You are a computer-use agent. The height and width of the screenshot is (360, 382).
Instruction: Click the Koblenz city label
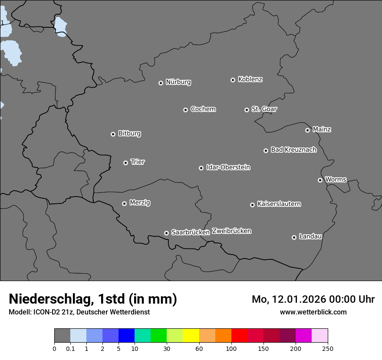point(250,79)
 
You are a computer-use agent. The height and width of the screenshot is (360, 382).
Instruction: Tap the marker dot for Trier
point(126,163)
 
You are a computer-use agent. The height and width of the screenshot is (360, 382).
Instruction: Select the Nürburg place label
point(178,82)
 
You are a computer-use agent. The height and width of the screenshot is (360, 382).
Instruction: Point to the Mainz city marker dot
point(308,130)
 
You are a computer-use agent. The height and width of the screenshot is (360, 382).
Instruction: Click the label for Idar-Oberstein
point(228,167)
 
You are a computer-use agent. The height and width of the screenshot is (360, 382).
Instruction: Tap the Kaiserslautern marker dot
point(252,205)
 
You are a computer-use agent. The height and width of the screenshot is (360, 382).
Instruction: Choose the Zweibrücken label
point(231,231)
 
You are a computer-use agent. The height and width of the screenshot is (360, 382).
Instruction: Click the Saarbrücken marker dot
point(166,233)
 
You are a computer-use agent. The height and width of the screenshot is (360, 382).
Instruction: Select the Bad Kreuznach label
point(293,150)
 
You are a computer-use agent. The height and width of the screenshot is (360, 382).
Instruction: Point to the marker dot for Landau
point(294,237)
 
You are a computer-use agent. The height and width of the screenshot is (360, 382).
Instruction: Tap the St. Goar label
point(264,109)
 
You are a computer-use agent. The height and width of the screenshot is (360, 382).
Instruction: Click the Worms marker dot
point(320,180)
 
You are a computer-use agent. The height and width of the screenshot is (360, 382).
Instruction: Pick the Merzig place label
point(140,203)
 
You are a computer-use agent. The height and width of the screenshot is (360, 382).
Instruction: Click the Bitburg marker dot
point(113,134)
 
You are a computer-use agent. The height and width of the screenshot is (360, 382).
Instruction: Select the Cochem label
point(203,109)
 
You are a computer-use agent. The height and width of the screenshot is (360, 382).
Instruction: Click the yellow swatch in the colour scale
point(191,336)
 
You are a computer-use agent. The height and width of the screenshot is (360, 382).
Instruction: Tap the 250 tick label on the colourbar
point(328,348)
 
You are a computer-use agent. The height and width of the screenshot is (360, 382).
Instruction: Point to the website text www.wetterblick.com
point(313,312)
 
